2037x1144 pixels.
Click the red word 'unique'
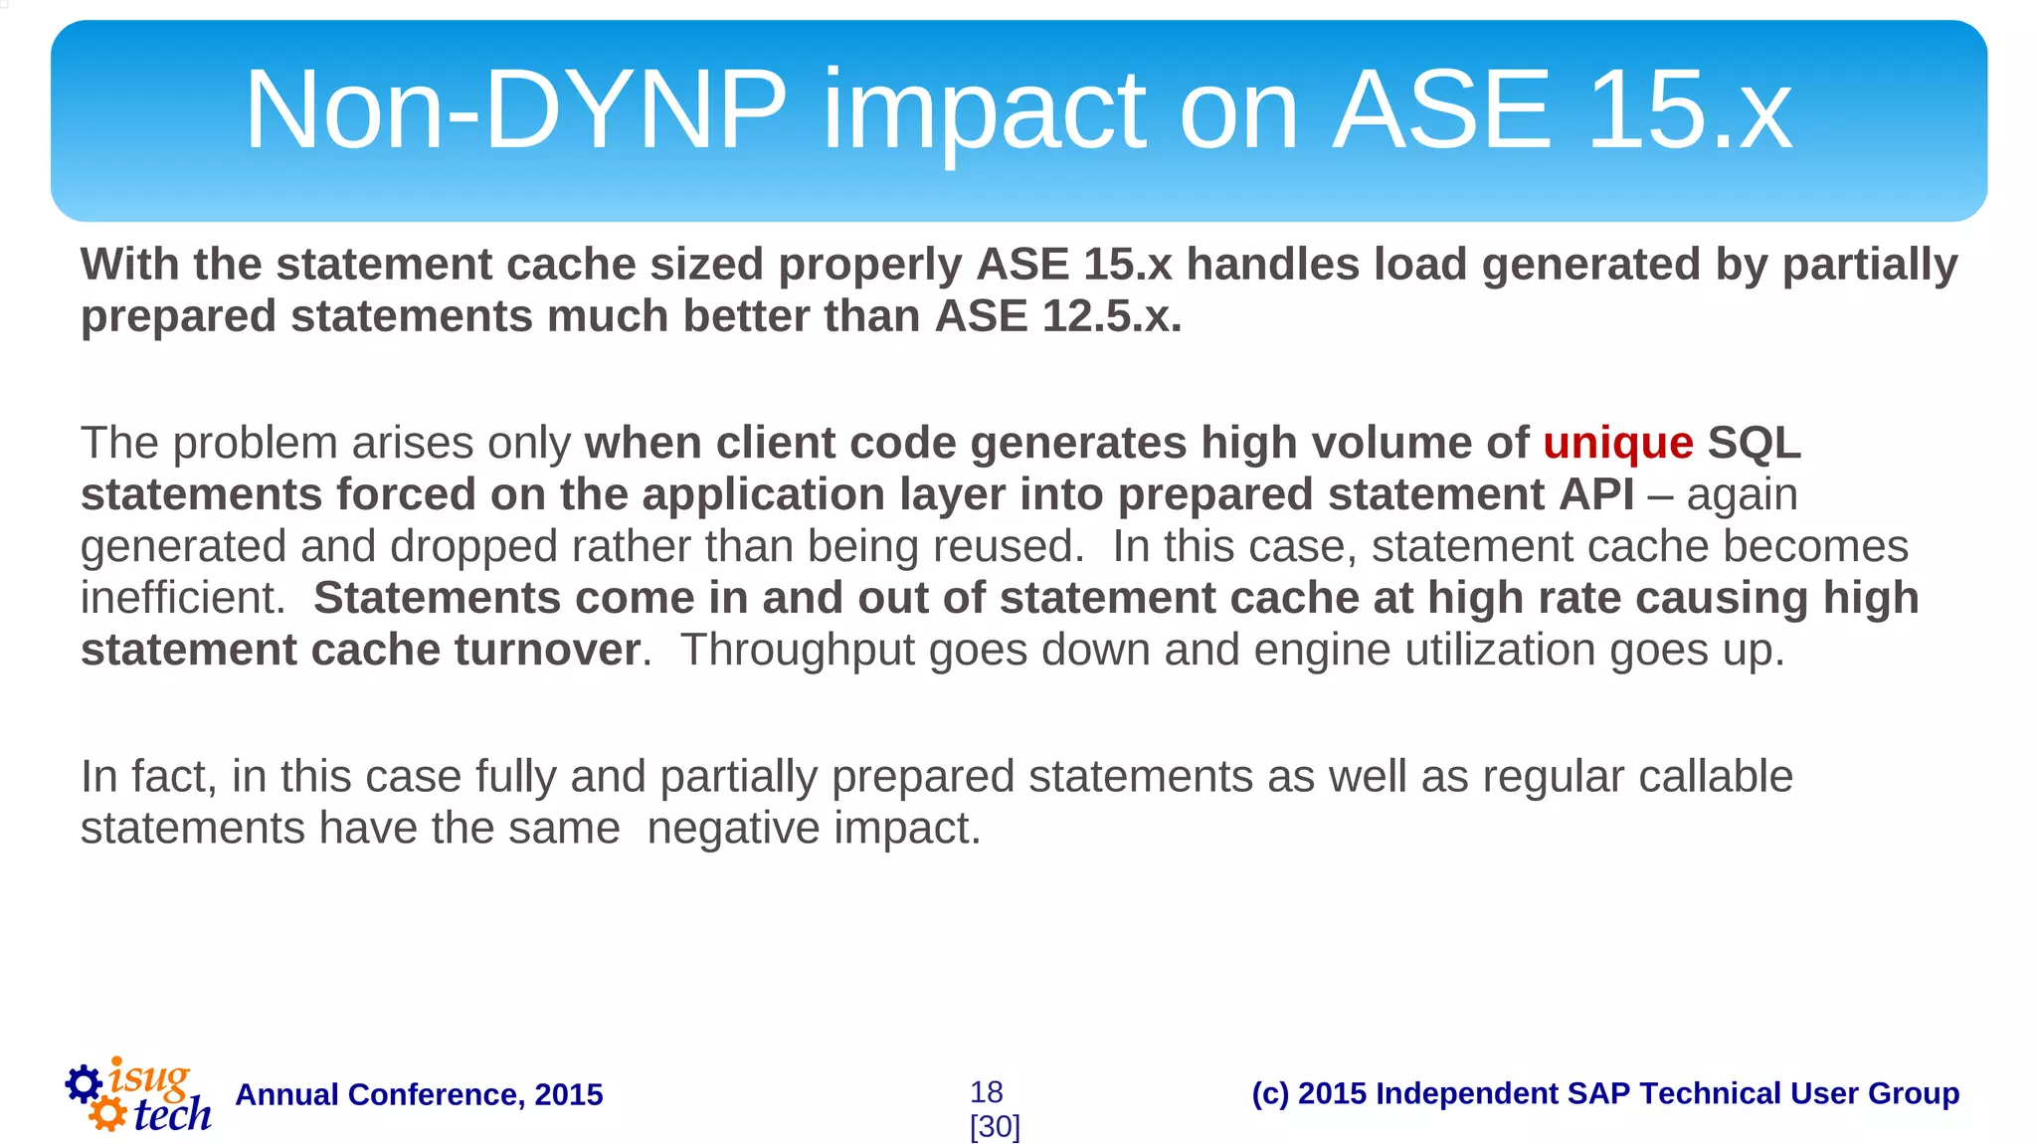[1617, 444]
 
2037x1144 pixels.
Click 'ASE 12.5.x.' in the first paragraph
[1058, 316]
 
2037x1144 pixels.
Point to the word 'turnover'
[547, 650]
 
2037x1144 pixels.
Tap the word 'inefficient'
[179, 598]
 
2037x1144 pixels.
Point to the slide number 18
[986, 1092]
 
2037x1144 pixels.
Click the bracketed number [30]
[995, 1127]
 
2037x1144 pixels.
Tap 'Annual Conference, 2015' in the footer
[419, 1094]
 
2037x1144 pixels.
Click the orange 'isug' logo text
[149, 1077]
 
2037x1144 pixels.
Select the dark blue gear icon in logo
[84, 1083]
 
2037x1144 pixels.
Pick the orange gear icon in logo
[107, 1113]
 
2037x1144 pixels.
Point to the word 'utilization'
[1498, 651]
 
